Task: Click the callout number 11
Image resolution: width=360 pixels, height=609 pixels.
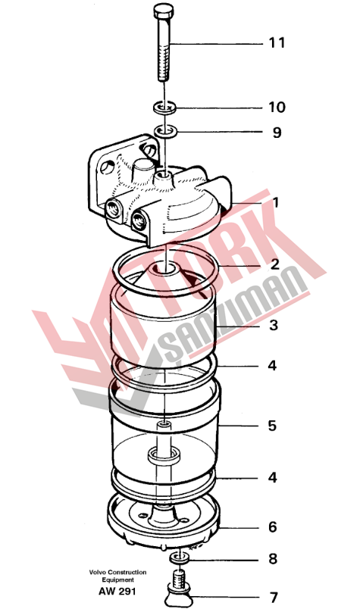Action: point(277,42)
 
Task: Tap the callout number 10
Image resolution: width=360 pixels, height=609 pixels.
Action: point(277,108)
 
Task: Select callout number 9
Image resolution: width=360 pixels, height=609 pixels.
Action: point(277,133)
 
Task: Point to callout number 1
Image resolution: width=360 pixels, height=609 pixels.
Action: point(276,202)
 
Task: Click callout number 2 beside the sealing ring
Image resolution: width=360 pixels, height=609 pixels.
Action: point(275,264)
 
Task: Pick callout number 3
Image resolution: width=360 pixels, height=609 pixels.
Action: point(274,325)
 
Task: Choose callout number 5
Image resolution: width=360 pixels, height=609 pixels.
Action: point(272,426)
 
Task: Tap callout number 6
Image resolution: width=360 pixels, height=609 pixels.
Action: point(273,527)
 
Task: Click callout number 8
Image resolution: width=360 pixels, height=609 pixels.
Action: point(273,559)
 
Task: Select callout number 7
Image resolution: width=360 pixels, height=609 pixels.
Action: point(274,597)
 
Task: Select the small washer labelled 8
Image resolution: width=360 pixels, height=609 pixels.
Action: point(179,558)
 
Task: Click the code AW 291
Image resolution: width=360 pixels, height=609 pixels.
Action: point(117,592)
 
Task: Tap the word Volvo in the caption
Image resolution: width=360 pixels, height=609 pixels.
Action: point(98,572)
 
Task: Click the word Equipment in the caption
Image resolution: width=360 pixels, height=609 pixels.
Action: point(117,580)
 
